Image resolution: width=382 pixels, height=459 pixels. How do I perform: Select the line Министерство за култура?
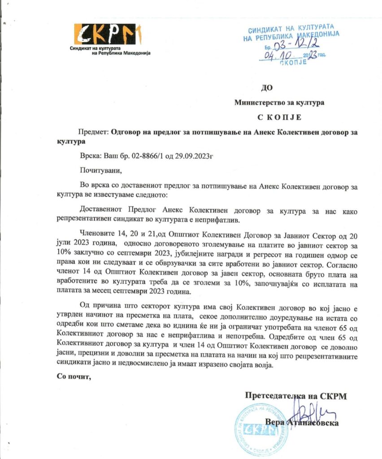(x=279, y=102)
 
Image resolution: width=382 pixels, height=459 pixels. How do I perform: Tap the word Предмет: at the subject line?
(x=93, y=133)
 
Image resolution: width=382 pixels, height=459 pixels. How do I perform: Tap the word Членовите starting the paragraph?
(x=99, y=234)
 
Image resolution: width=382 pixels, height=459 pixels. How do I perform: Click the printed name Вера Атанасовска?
(x=301, y=422)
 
